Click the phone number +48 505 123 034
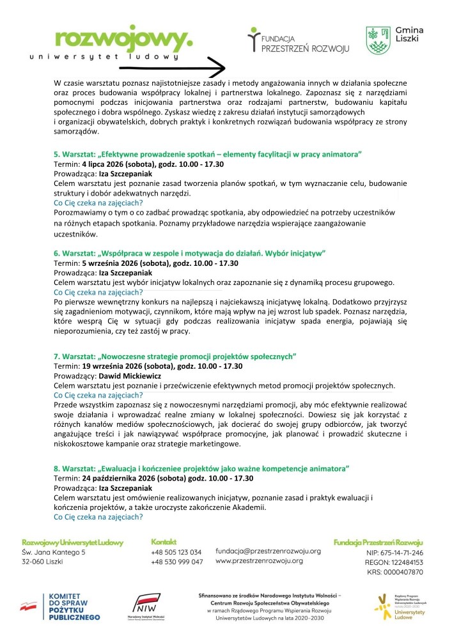coord(176,552)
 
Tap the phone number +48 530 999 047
coord(176,562)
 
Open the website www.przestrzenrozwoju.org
coord(259,561)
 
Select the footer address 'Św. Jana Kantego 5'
coord(54,552)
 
